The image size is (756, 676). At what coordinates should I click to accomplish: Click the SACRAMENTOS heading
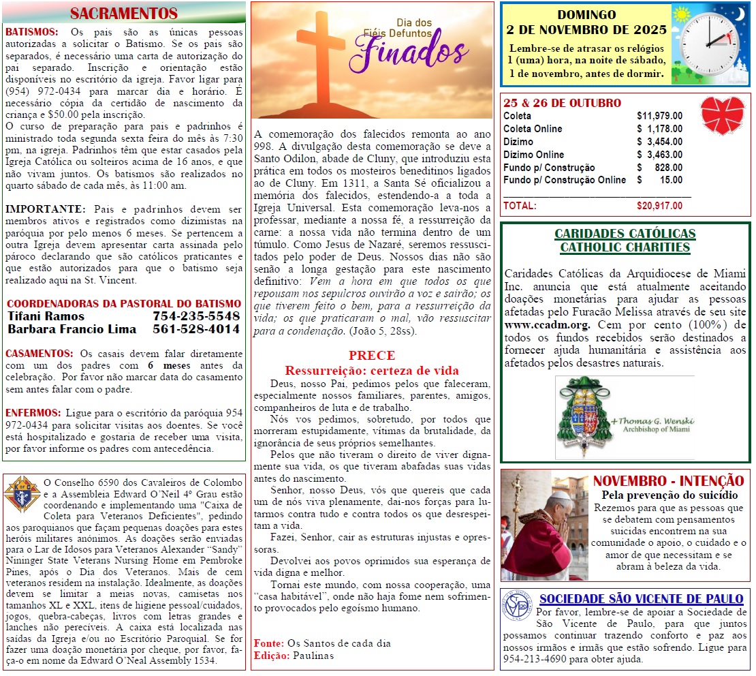coord(124,14)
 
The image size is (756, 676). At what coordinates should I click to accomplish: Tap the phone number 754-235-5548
coord(196,316)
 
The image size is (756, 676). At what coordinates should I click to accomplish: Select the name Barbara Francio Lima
coord(72,329)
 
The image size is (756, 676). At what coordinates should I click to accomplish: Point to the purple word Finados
coord(413,50)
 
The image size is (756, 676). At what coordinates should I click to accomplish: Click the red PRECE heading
coord(371,356)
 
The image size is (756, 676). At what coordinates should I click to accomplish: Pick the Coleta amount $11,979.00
coord(659,116)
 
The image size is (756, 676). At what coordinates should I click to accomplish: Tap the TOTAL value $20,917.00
coord(659,206)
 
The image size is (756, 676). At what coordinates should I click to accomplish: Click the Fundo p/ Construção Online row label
coord(564,180)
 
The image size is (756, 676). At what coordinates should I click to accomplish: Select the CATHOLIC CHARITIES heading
coord(625,247)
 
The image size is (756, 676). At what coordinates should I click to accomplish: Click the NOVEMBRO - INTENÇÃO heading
coord(668,480)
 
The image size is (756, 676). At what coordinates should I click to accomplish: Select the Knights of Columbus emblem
coord(20,493)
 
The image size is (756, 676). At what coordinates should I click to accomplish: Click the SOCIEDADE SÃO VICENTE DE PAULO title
coord(641,599)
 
